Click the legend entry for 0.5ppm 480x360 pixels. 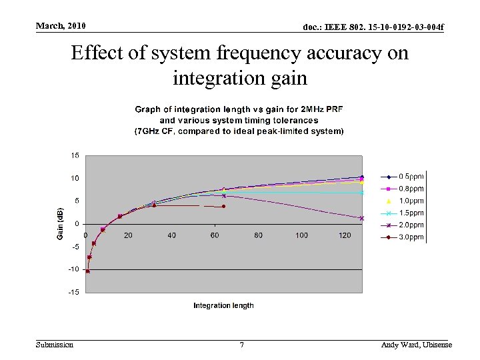tap(403, 177)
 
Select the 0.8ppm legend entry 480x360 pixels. tap(403, 189)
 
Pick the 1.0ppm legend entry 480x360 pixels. tap(403, 201)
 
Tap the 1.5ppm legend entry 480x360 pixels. tap(403, 213)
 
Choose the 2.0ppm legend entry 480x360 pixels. tap(403, 225)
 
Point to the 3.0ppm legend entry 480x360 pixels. tap(403, 237)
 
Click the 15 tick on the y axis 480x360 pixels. tap(75, 155)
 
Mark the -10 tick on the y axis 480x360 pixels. tap(74, 269)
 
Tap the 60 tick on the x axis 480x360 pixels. tap(215, 235)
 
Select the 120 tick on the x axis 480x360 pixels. tap(345, 235)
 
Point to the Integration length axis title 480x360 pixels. tap(223, 305)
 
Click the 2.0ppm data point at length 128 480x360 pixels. tap(362, 218)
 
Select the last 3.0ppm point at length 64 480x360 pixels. tap(224, 207)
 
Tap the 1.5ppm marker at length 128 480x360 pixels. tap(362, 193)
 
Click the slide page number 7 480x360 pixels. tap(241, 345)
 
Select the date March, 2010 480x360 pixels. tap(61, 26)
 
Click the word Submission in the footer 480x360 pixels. tap(55, 345)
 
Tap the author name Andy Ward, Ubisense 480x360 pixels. tap(416, 345)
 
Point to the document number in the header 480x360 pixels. tap(373, 27)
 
